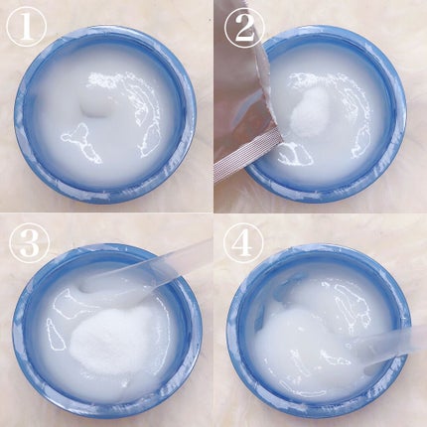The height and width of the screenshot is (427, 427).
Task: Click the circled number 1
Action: [27, 27]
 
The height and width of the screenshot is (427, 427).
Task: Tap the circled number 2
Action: [244, 27]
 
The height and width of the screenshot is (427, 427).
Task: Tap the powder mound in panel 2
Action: [310, 112]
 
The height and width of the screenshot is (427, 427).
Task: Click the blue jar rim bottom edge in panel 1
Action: [106, 196]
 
